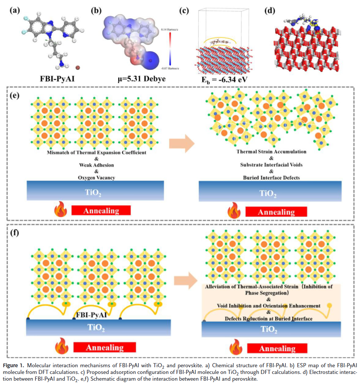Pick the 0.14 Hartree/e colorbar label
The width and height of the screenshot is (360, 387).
170,29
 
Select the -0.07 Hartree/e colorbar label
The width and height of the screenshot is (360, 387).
170,69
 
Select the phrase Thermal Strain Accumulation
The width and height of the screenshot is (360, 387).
271,152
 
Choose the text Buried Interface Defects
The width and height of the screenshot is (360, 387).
271,177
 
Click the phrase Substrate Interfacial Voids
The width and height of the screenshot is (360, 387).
271,165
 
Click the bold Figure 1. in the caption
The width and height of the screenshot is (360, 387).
16,364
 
